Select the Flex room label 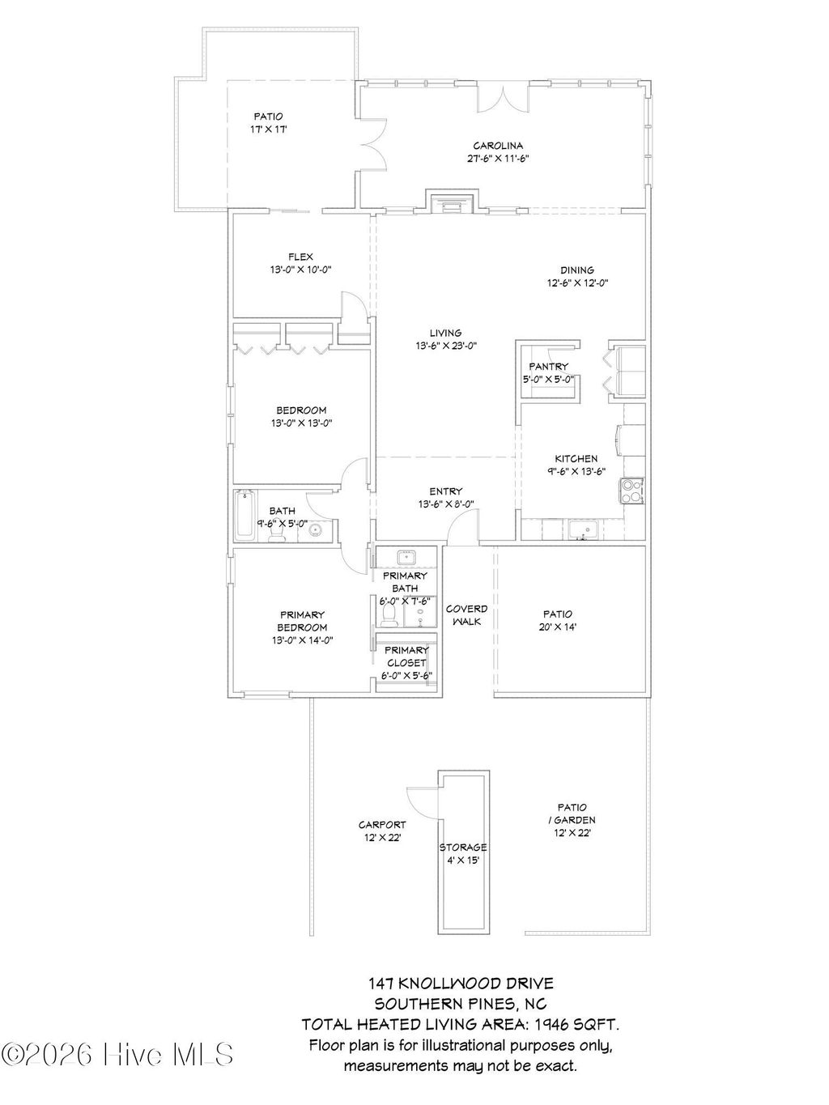(300, 257)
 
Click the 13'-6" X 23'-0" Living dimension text (445, 346)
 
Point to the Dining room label (576, 270)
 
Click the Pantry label (548, 367)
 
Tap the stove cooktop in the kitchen (631, 491)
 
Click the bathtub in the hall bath (244, 516)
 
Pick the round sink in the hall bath (315, 531)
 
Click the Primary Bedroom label (302, 621)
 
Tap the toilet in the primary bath (389, 617)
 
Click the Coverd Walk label (466, 615)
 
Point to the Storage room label (463, 848)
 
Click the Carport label (382, 825)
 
